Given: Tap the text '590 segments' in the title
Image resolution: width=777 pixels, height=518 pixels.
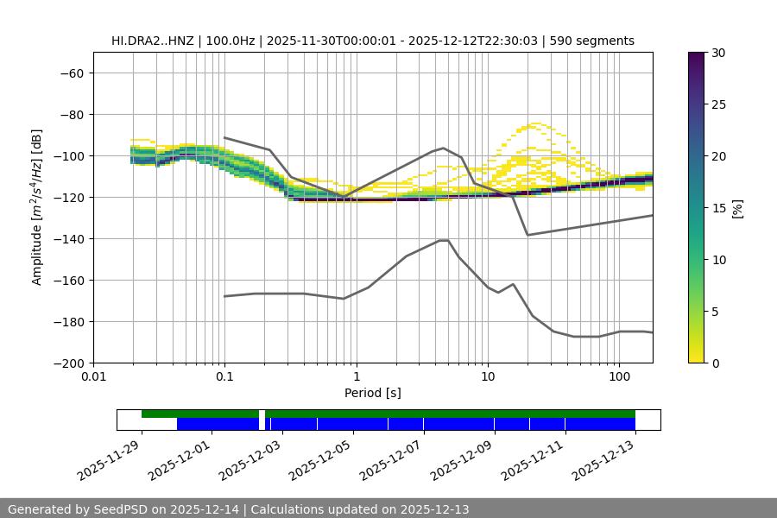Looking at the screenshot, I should (x=597, y=41).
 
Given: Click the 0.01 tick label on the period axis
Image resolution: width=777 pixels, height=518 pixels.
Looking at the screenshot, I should (x=93, y=377).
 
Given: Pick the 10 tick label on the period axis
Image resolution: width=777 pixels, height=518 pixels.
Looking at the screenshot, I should (x=488, y=377).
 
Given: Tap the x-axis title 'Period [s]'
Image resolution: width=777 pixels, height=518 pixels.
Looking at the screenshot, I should (x=372, y=393).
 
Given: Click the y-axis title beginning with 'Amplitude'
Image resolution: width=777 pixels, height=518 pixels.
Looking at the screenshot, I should (x=37, y=207).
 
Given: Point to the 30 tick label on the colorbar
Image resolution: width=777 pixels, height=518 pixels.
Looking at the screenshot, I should (x=718, y=53).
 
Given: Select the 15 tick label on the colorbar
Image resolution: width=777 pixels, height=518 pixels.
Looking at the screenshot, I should (x=718, y=207).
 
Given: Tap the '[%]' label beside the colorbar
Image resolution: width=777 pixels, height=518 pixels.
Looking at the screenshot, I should (x=736, y=207).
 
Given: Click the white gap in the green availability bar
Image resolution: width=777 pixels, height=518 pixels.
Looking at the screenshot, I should (x=262, y=414).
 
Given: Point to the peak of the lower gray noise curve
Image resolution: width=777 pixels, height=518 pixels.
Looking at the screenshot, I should (x=444, y=240).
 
